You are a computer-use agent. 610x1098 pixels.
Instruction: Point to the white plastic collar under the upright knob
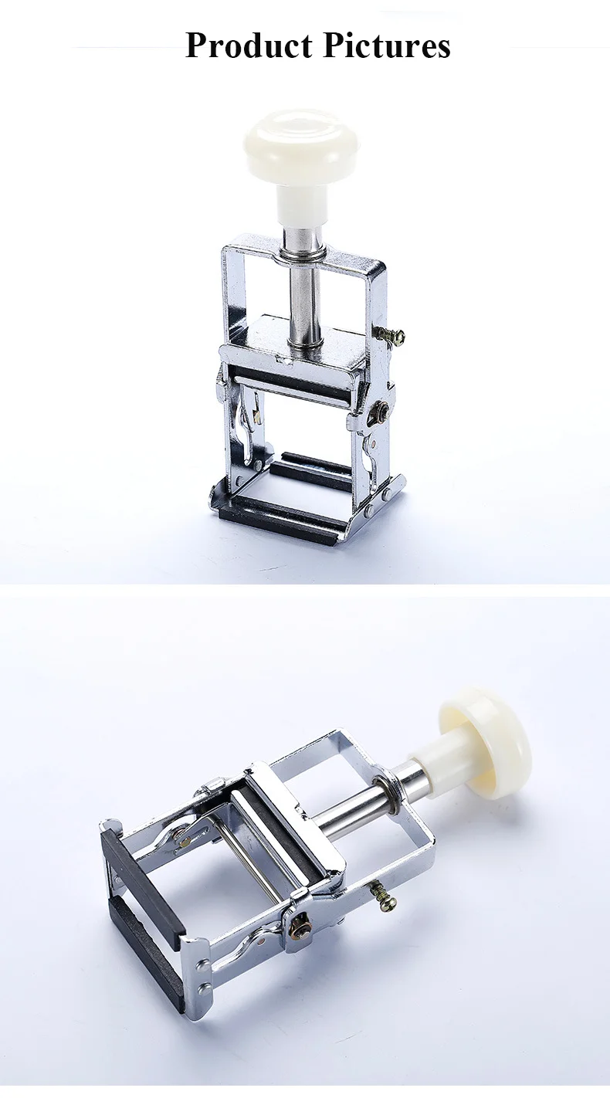[x=302, y=205]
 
